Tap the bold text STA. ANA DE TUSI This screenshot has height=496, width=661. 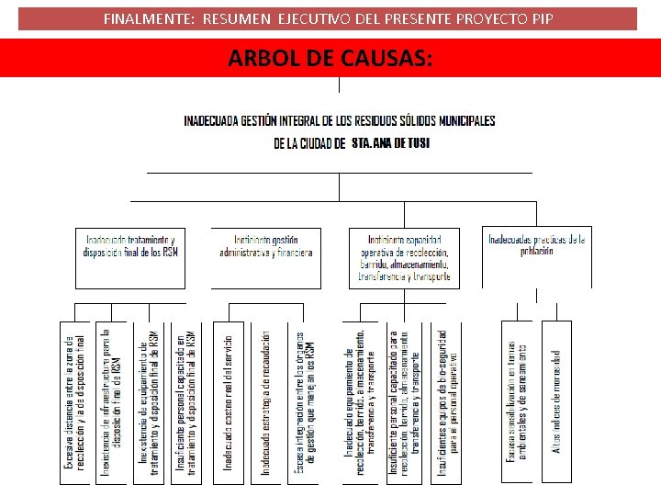point(390,143)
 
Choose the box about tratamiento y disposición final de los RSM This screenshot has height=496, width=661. point(130,256)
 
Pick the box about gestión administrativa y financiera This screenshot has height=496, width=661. point(266,256)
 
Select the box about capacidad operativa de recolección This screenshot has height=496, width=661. point(404,257)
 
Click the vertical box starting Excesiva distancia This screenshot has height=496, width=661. point(73,402)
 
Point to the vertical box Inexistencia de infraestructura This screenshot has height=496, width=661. point(111,402)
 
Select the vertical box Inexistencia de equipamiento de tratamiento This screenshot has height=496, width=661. point(148,402)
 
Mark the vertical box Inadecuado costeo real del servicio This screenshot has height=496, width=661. point(228,402)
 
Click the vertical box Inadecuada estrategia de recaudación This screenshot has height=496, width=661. point(265,402)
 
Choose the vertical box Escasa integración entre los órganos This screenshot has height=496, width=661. point(304,402)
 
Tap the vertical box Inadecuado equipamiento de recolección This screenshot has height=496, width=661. point(361,402)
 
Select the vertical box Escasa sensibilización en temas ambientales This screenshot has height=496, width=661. point(516,402)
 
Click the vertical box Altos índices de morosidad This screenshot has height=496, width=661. point(556,402)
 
